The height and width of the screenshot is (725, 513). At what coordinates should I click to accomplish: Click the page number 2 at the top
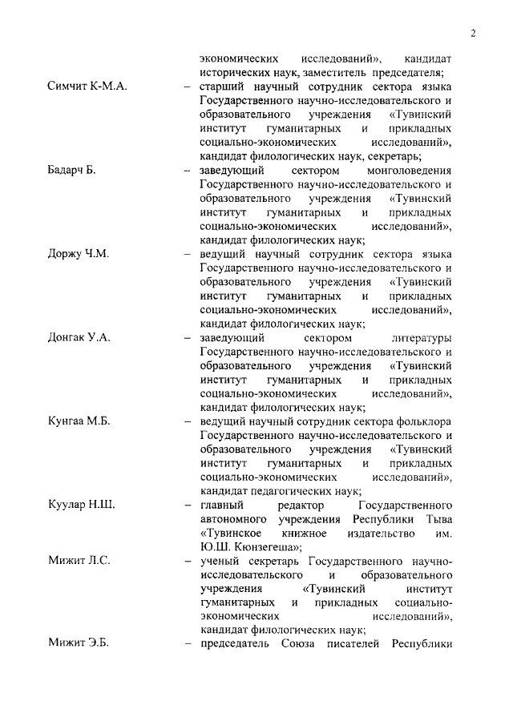point(474,33)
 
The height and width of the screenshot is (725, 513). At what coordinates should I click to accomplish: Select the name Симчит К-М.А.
point(88,87)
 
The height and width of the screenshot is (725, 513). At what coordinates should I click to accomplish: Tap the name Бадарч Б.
point(71,171)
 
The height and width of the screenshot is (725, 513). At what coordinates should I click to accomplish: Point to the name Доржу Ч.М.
point(79,254)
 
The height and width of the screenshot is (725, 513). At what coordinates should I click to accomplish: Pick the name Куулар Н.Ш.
point(82,505)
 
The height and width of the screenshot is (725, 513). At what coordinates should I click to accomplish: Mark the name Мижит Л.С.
point(79,560)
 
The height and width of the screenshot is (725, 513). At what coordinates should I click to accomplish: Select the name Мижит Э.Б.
point(79,644)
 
